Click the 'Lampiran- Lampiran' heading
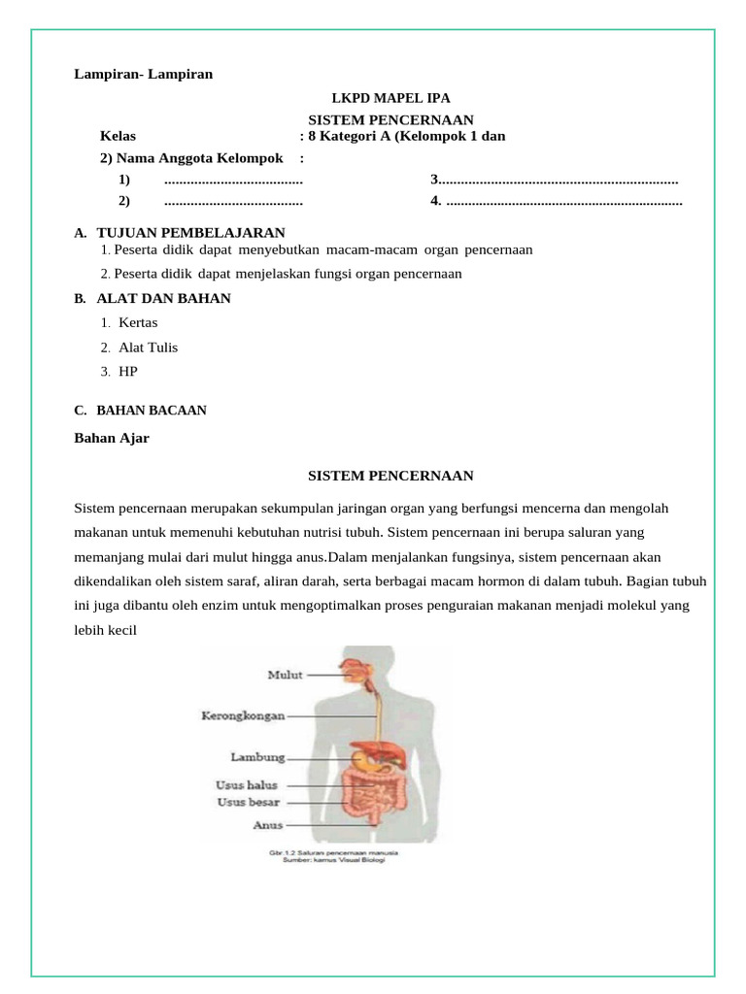pos(144,74)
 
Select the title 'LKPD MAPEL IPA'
pos(390,98)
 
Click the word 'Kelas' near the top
pos(119,136)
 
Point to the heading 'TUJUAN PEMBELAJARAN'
pos(190,233)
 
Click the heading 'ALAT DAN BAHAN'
pos(163,298)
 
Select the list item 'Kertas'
pos(138,322)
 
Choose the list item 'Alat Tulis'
pos(148,348)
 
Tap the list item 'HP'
pos(128,372)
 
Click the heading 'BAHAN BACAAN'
pos(152,411)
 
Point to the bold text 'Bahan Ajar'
pos(112,438)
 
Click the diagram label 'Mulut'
pos(285,674)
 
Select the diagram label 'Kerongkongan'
pos(243,715)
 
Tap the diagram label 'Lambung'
pos(257,756)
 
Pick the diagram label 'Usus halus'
pos(247,785)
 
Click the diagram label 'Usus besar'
pos(248,802)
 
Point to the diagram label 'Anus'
pos(268,825)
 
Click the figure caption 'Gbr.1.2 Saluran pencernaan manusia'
pos(333,852)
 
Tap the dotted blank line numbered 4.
pos(563,202)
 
